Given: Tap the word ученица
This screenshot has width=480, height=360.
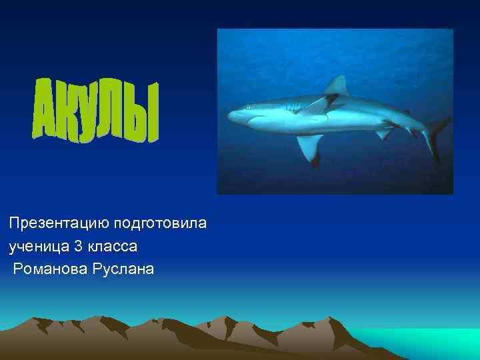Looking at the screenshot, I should point(37,247).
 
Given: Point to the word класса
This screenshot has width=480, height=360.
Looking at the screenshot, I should point(113,247).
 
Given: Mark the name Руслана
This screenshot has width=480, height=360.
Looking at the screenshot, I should point(123,270).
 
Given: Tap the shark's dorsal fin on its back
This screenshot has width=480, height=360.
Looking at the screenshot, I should point(337,85).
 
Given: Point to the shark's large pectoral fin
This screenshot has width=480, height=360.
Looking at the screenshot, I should point(310,149).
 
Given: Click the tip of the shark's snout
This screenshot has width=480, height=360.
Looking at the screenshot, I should point(229,115).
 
